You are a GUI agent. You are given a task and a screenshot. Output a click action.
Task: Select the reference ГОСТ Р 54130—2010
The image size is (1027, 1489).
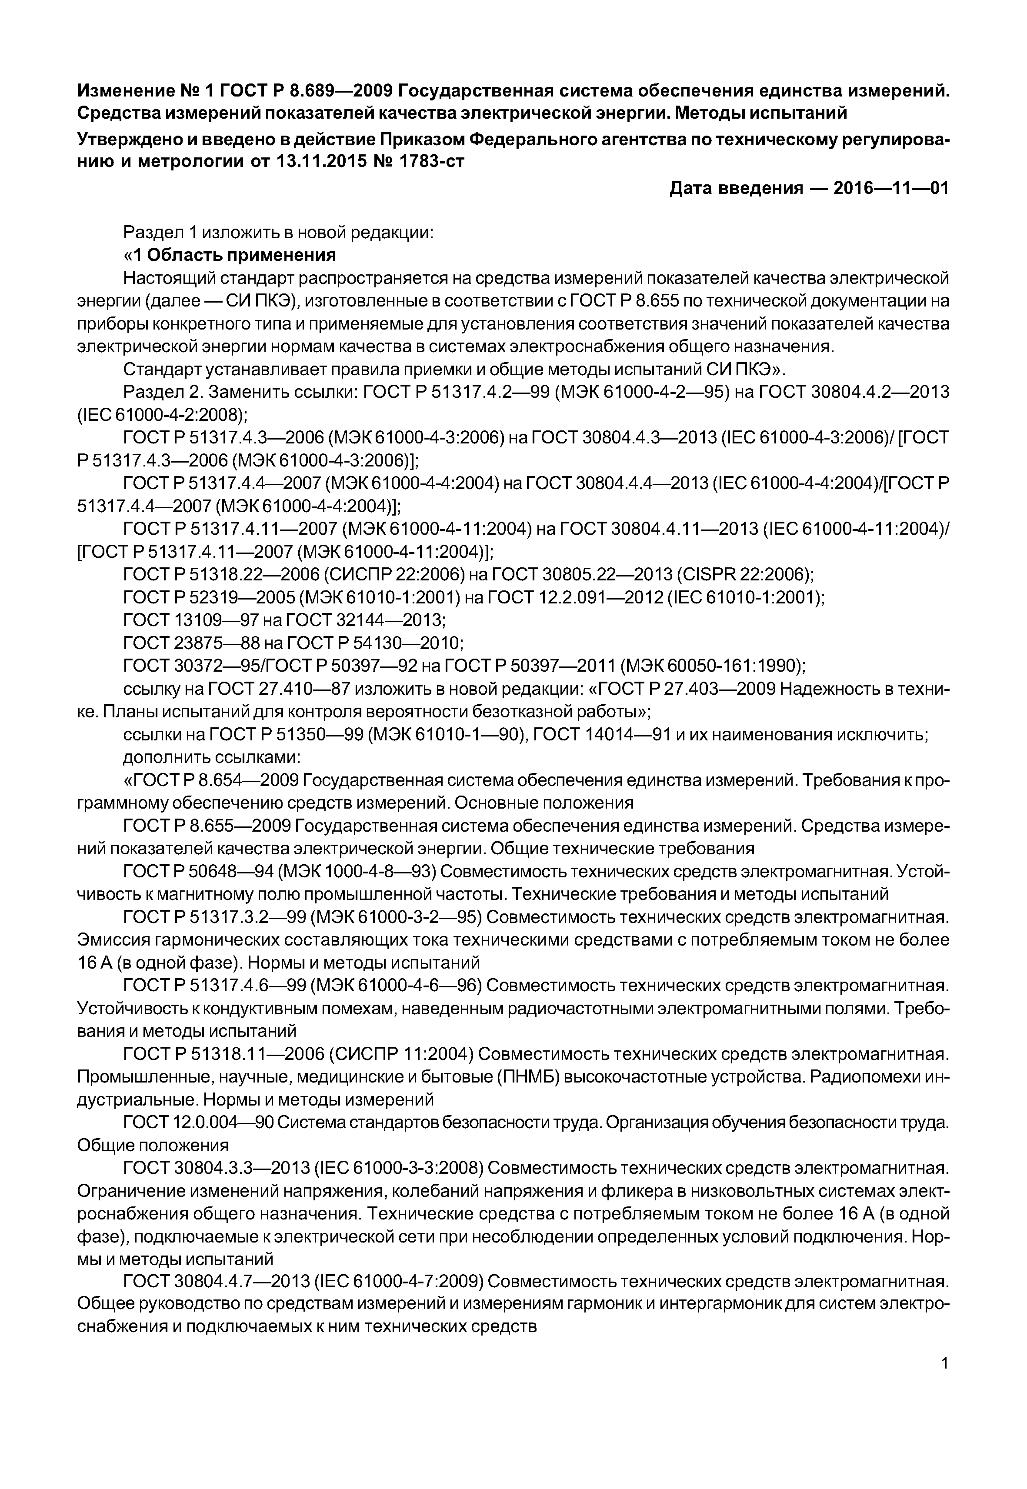click(374, 643)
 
